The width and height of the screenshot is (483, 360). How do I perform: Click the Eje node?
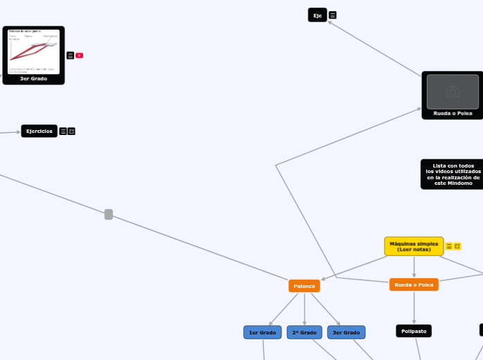point(317,15)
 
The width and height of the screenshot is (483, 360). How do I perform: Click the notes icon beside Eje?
point(333,15)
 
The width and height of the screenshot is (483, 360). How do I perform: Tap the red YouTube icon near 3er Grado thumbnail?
point(80,55)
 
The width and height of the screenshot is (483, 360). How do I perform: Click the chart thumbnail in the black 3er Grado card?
point(33,51)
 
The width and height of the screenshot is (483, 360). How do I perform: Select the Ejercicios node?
point(39,131)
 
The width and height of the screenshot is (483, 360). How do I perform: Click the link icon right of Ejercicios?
point(71,131)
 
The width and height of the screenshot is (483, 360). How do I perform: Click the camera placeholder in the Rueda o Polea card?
point(453,91)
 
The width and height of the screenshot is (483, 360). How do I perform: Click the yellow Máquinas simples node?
point(414,246)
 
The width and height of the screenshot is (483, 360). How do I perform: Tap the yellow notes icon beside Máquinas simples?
point(449,246)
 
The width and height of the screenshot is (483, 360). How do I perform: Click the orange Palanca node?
point(304,285)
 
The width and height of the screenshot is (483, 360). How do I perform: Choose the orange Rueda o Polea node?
point(414,285)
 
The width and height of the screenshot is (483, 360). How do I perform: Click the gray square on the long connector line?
point(109,215)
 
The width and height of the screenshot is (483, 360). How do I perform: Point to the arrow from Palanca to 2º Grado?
point(304,309)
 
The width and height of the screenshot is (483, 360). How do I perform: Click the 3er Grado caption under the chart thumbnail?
point(33,79)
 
